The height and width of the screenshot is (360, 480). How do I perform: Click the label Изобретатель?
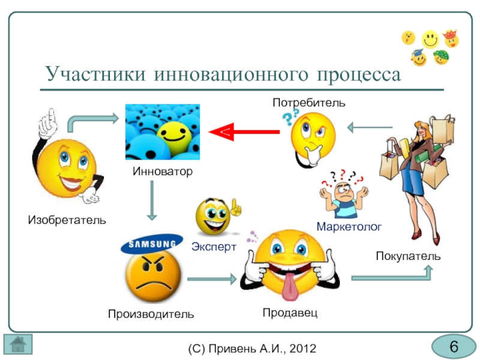click(x=67, y=220)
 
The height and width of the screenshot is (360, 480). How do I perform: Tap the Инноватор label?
click(x=163, y=172)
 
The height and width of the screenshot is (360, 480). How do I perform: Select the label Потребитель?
click(x=309, y=103)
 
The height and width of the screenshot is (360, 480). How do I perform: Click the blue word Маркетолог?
click(x=349, y=226)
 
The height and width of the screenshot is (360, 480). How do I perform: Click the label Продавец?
click(x=290, y=313)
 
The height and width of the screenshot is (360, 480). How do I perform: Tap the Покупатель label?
click(x=408, y=256)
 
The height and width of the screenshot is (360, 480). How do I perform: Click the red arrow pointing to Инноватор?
click(x=244, y=131)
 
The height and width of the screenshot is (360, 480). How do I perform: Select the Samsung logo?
click(x=152, y=244)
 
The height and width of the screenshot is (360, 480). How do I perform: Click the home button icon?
click(x=18, y=344)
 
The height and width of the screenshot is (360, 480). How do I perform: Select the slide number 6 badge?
click(x=454, y=347)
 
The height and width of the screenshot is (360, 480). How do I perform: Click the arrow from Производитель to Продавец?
click(x=212, y=279)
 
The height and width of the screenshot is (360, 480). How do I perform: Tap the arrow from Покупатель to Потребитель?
click(x=370, y=127)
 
